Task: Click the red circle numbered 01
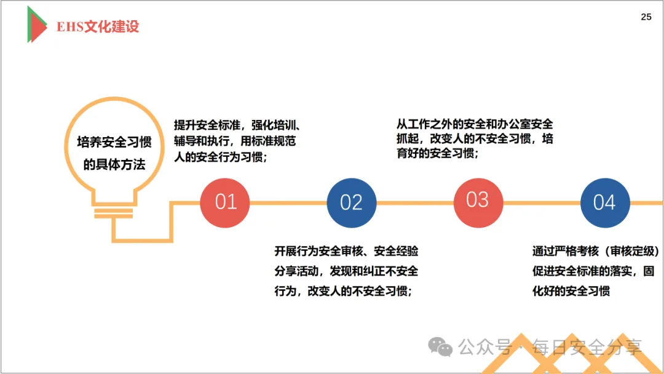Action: click(226, 202)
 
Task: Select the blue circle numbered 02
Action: click(351, 202)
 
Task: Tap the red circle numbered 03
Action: click(478, 200)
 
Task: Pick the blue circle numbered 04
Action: click(604, 202)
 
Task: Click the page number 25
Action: click(646, 17)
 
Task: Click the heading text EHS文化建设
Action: click(98, 26)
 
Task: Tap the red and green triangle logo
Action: click(36, 25)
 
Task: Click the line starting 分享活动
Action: click(346, 271)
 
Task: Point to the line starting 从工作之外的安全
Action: click(474, 123)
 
